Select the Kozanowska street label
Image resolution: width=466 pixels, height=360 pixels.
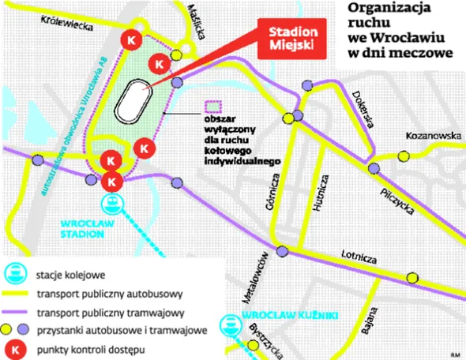pos(432,135)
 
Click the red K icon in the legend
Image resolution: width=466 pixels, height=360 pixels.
pos(17,348)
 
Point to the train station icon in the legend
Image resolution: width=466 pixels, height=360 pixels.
pos(17,276)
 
